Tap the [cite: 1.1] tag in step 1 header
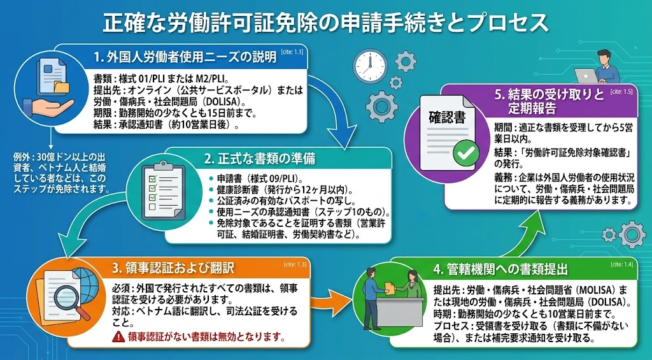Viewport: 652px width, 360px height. pyautogui.click(x=292, y=52)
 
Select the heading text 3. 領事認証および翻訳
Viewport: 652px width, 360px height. pyautogui.click(x=173, y=268)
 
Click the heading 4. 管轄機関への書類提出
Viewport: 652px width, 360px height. pyautogui.click(x=500, y=270)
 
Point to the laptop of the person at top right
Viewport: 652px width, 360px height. pyautogui.click(x=586, y=76)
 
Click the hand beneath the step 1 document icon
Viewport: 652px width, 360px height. pyautogui.click(x=48, y=106)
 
